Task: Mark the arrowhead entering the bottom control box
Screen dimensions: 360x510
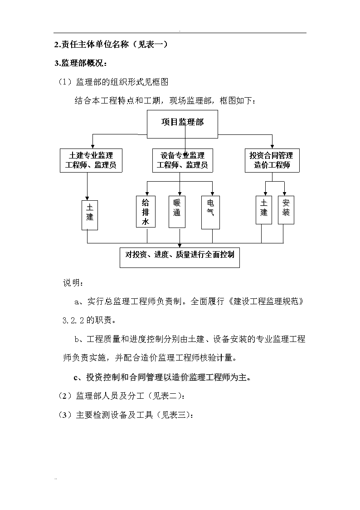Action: [180, 246]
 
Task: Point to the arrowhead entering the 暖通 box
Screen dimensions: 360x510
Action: [180, 193]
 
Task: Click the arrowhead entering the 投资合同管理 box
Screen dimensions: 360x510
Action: [272, 146]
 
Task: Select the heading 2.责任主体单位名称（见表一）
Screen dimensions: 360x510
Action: [111, 44]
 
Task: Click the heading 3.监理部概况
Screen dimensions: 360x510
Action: [81, 63]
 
